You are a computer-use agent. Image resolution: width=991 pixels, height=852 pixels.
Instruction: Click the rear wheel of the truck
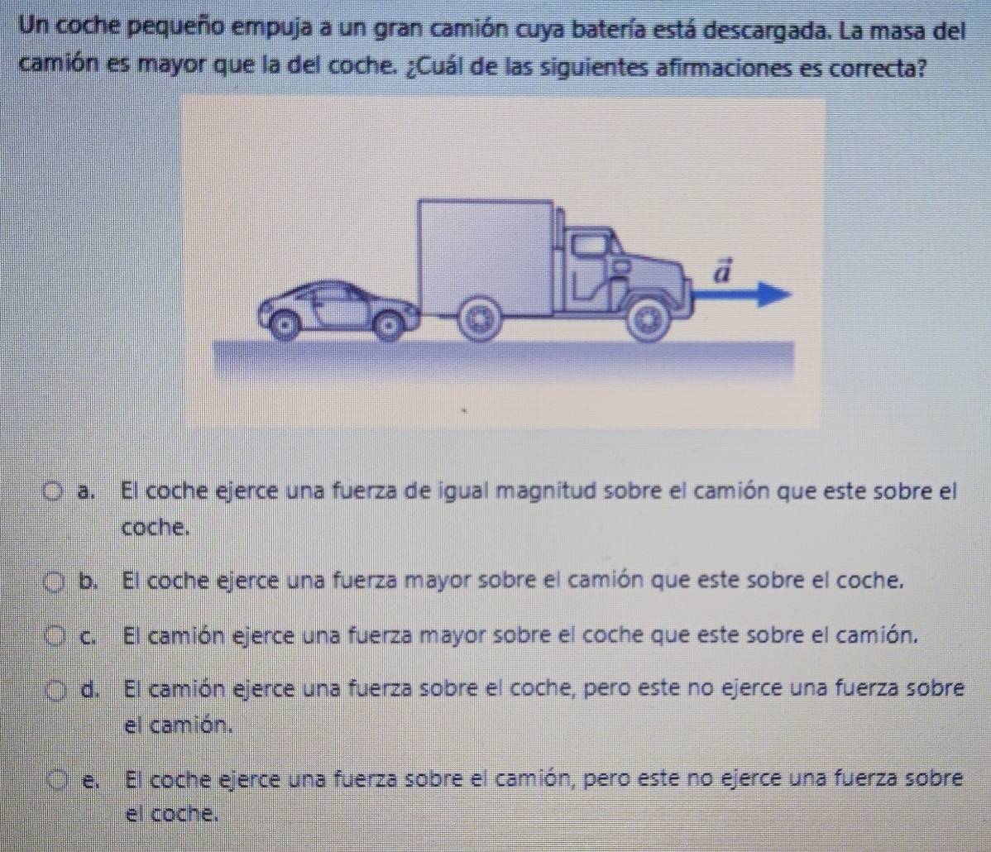point(478,318)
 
